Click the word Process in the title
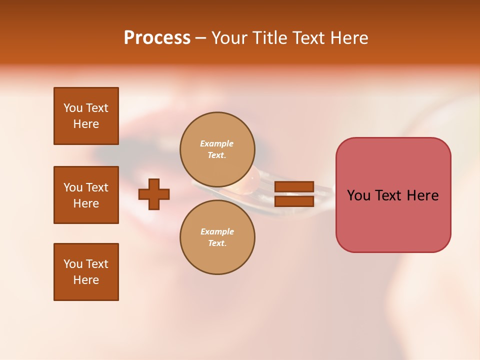point(157,38)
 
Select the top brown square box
point(86,116)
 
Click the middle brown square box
point(86,195)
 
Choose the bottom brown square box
point(86,272)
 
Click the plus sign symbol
point(154,194)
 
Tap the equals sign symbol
point(294,194)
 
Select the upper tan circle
point(217,149)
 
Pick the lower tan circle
point(217,237)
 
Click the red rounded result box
point(393,195)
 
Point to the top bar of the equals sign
point(294,187)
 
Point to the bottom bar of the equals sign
point(294,201)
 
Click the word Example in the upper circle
point(217,143)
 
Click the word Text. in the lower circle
point(217,243)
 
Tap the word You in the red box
point(358,195)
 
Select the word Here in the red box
point(422,195)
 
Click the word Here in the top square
point(86,124)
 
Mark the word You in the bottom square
point(73,264)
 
